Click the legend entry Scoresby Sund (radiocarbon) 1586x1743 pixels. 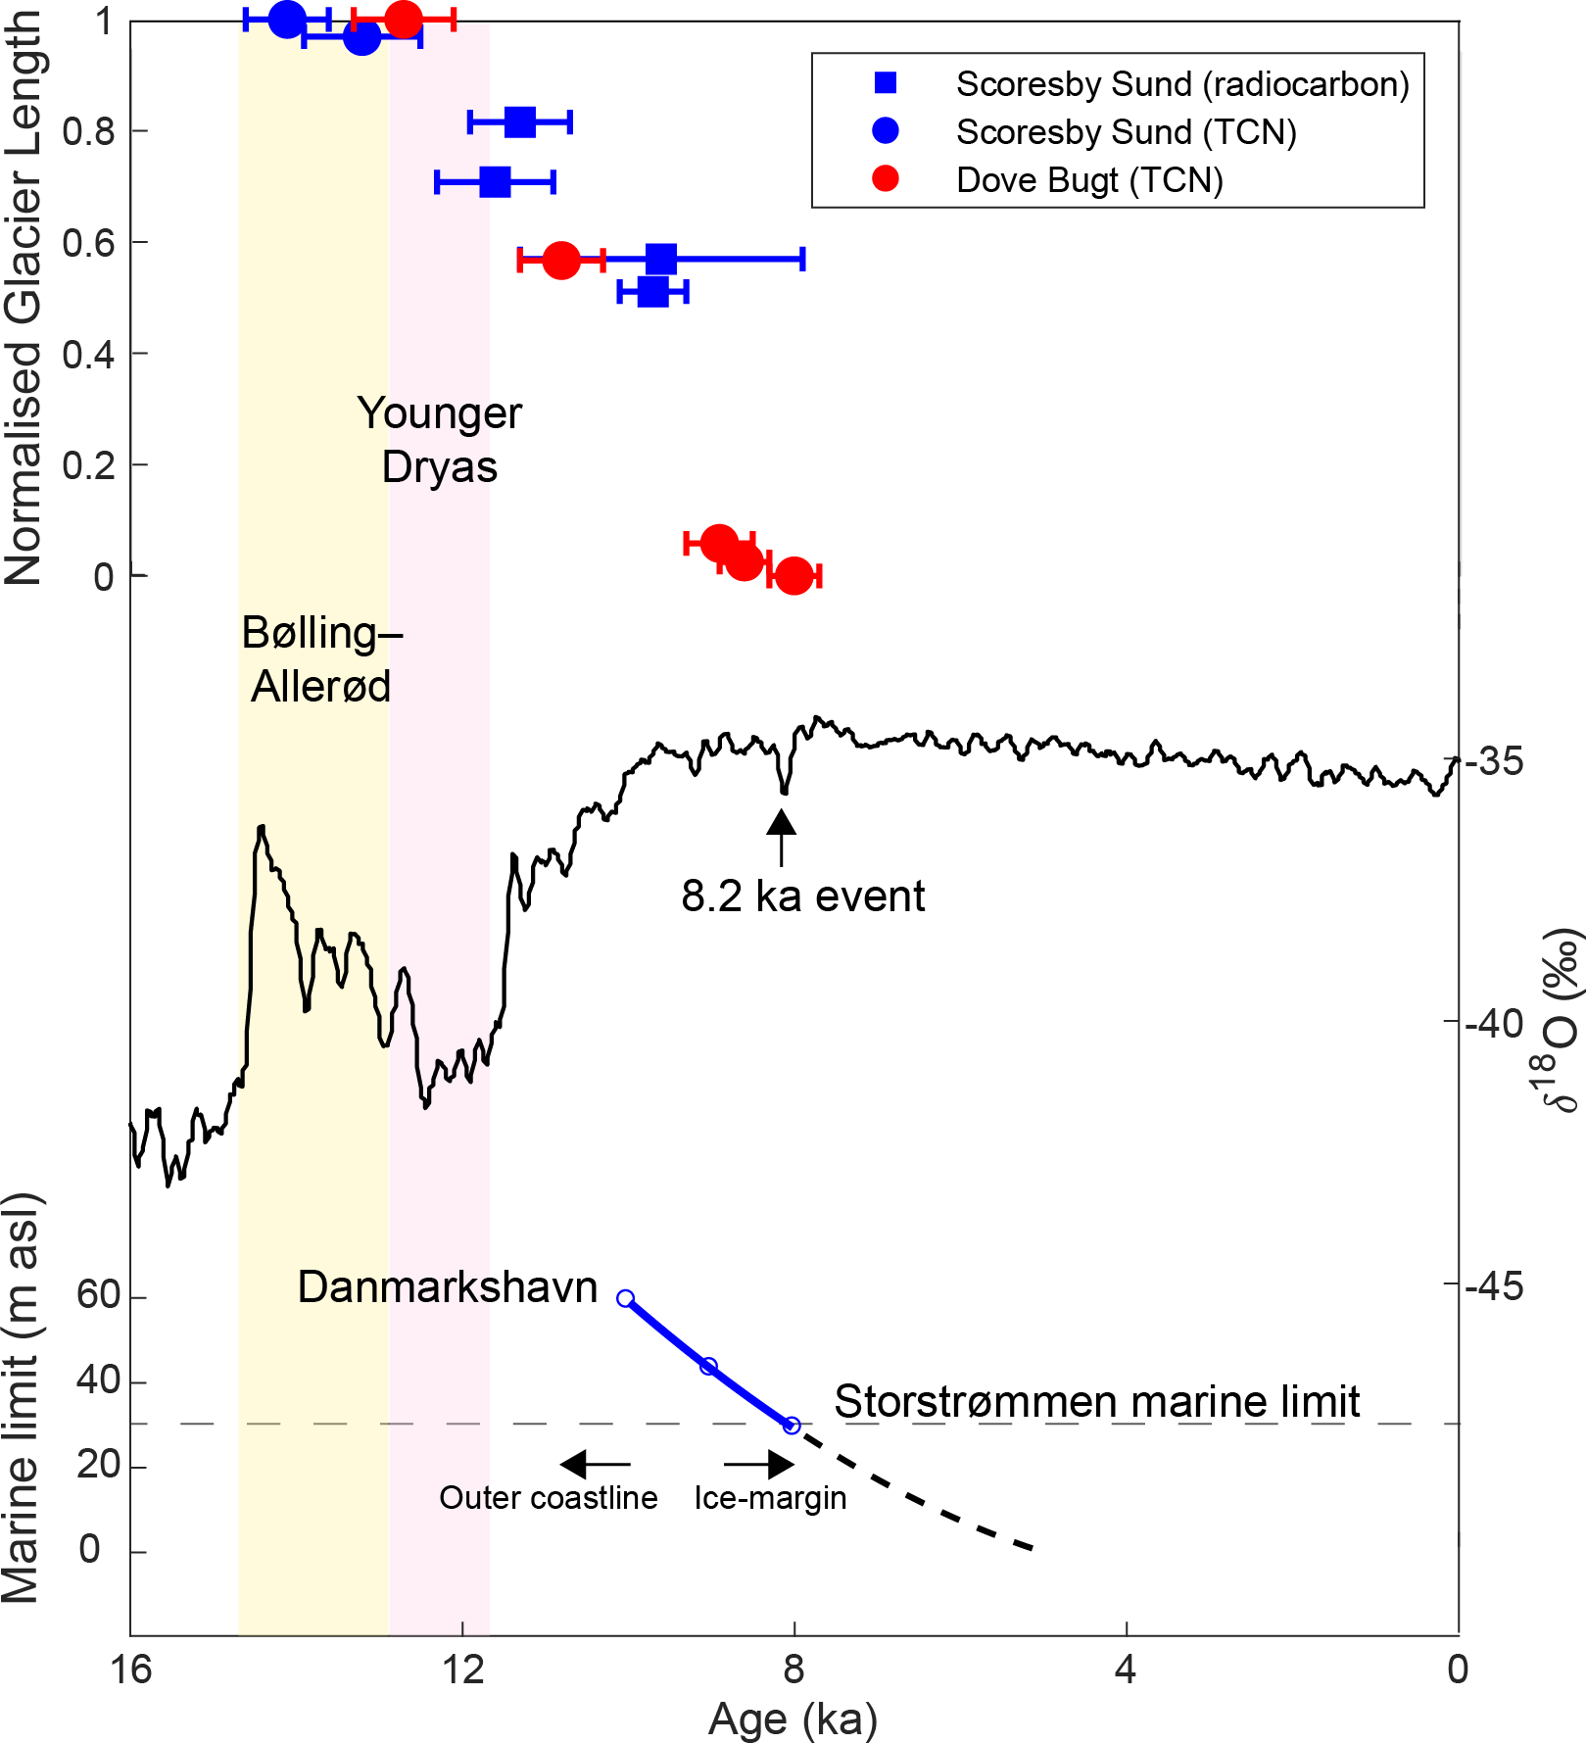pos(1181,84)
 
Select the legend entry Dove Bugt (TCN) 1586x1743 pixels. pos(1089,180)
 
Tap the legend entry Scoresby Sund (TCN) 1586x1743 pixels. pos(1126,132)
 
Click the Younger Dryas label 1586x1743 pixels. pos(440,440)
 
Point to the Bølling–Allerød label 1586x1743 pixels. pos(321,659)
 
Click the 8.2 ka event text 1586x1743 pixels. pos(802,896)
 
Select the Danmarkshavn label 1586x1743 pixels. pos(448,1287)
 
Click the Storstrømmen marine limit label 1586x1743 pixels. pos(1096,1402)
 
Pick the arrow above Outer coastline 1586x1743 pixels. pos(595,1465)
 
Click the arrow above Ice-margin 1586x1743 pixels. pos(759,1465)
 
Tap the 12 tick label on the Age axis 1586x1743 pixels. pos(462,1669)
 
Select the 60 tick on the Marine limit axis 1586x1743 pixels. pos(98,1296)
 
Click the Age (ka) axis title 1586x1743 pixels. pos(793,1719)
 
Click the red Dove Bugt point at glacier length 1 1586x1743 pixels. pos(404,19)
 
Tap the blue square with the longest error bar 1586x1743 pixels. pos(661,260)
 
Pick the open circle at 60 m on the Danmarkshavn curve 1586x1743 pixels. pos(626,1299)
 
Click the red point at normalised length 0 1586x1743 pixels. pos(793,576)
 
